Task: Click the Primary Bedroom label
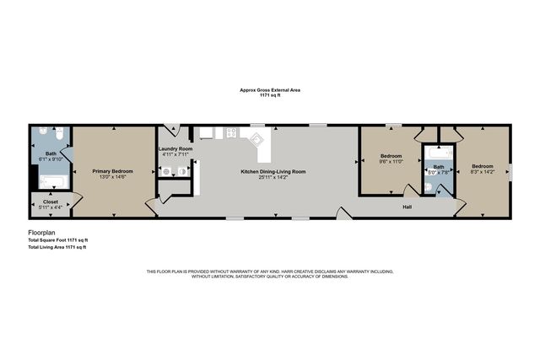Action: (x=112, y=170)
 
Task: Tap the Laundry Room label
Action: (x=175, y=149)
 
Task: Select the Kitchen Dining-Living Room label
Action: (x=273, y=171)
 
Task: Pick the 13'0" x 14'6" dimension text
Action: (x=112, y=176)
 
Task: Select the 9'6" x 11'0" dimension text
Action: (x=391, y=161)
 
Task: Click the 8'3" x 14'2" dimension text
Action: (x=482, y=172)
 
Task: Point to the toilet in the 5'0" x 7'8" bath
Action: (x=429, y=186)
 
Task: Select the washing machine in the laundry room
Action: (x=167, y=171)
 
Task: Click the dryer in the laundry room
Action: (x=182, y=171)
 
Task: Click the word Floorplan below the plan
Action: (x=42, y=232)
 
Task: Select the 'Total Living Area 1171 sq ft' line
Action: (x=57, y=247)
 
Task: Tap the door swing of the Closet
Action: (x=76, y=199)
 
